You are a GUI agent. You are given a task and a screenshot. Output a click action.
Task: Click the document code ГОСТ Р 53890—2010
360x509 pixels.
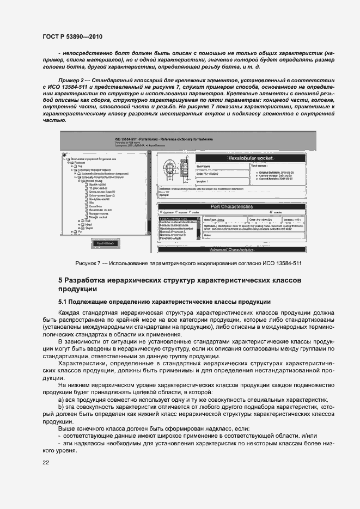click(73, 36)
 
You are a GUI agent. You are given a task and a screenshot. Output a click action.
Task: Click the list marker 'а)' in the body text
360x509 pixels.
click(62, 399)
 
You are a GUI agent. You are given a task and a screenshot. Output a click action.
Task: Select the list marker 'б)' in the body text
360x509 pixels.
click(62, 407)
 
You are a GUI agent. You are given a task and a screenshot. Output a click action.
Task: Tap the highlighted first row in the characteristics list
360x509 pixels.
click(176, 218)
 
